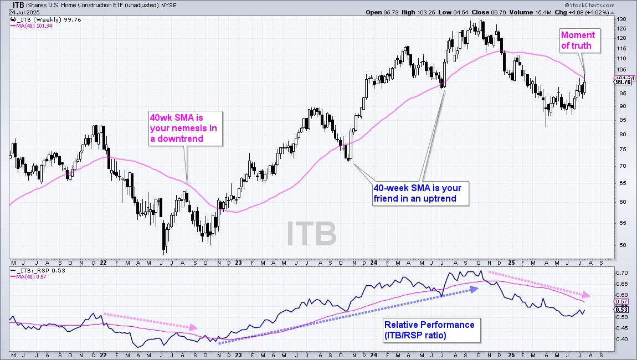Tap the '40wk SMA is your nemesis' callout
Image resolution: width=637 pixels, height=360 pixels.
[x=185, y=128]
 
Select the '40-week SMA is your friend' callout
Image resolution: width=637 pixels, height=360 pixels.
[x=421, y=193]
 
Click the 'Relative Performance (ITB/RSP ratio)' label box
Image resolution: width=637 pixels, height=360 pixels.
[x=430, y=330]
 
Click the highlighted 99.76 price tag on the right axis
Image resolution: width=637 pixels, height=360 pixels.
[x=621, y=82]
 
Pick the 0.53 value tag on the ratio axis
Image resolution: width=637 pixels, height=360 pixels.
[x=621, y=310]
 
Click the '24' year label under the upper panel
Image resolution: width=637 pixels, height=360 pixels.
[x=373, y=263]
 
